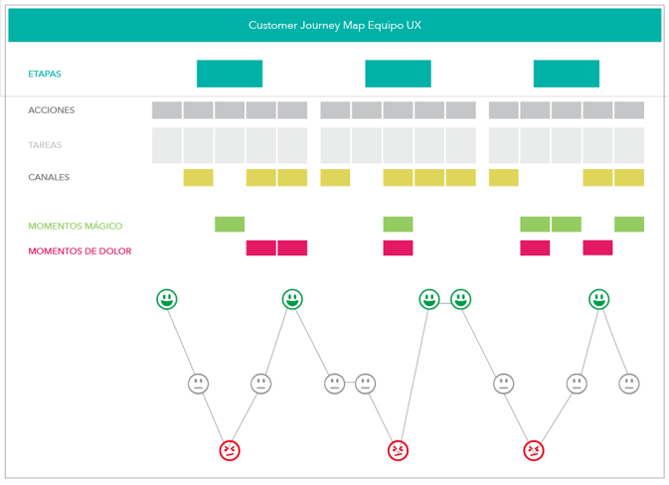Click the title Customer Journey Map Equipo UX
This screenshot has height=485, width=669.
pos(335,25)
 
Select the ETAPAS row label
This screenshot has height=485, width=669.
pos(45,74)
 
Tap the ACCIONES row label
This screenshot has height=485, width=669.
pos(52,110)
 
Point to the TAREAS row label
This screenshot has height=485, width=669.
pos(45,145)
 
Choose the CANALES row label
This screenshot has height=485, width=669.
pos(49,177)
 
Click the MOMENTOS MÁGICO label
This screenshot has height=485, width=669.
pos(76,226)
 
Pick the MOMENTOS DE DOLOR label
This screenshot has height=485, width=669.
pos(80,250)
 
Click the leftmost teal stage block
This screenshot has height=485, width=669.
pos(230,74)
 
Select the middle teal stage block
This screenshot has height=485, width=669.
pos(398,74)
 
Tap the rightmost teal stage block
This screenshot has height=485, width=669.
pos(567,74)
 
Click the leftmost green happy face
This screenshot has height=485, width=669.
pos(167,299)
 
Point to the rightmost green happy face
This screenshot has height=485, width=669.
pos(599,299)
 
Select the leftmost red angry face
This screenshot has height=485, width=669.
pos(230,450)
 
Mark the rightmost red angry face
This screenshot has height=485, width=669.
pos(534,450)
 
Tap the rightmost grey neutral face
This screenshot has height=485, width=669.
pos(629,384)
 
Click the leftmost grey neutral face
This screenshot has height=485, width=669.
pos(199,384)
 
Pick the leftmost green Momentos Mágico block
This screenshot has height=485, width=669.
pos(230,224)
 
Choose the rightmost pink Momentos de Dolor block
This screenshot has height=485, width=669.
pos(597,247)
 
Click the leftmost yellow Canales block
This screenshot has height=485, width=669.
pos(199,178)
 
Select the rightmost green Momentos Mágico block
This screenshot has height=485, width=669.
pos(629,224)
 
